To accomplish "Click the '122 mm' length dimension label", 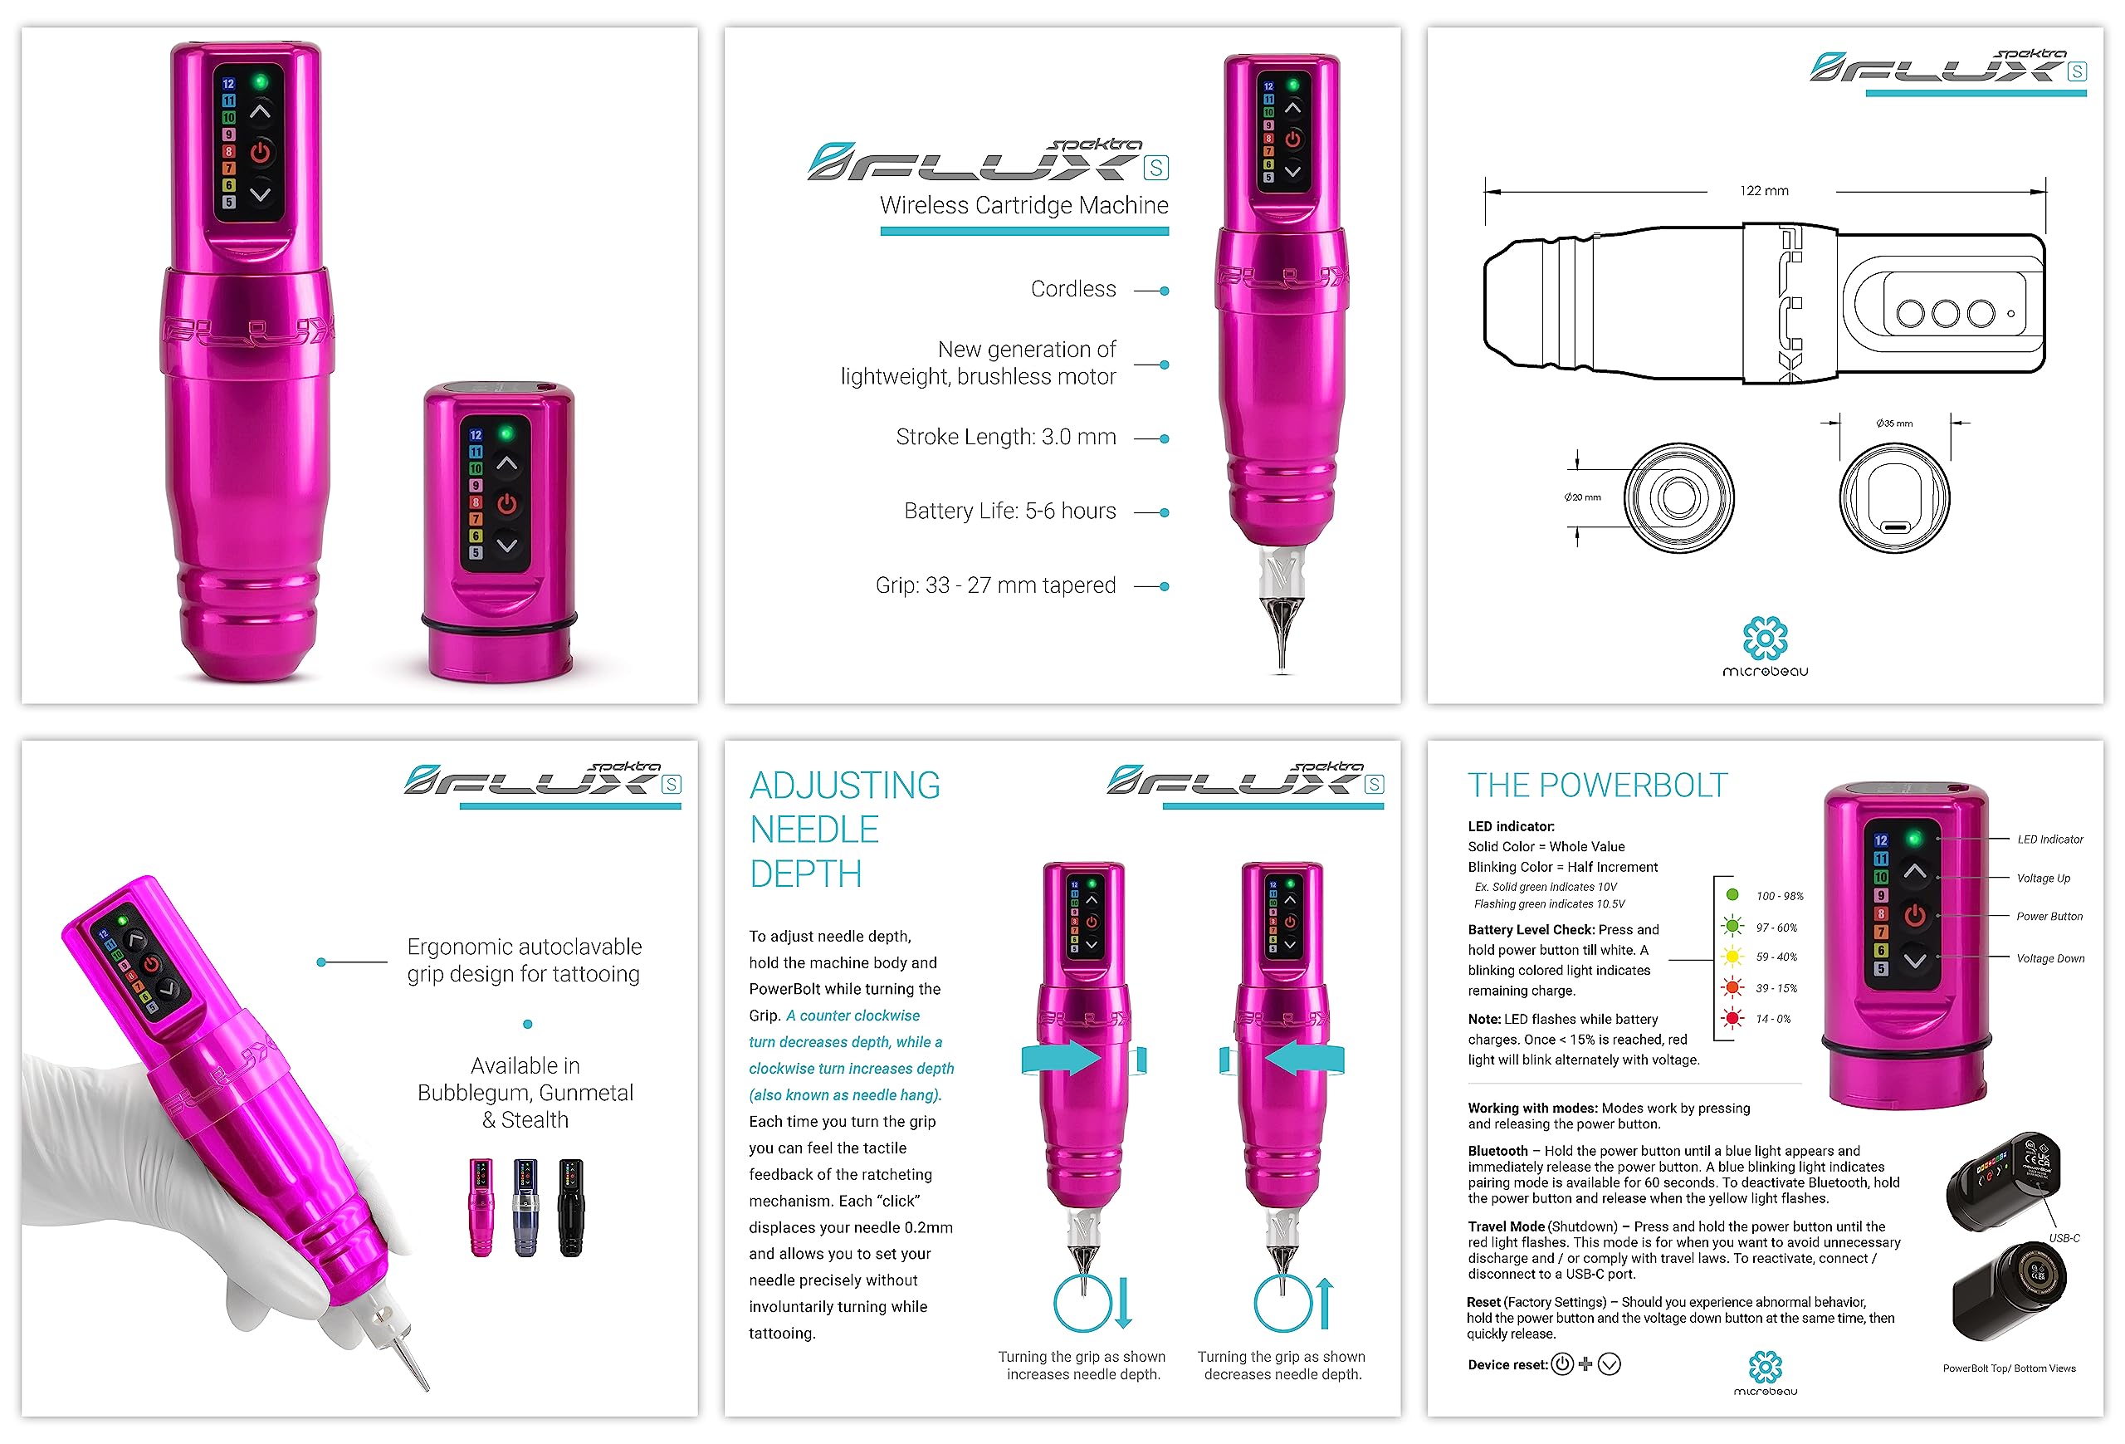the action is pyautogui.click(x=1764, y=190).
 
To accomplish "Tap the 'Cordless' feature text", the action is pyautogui.click(x=1072, y=289).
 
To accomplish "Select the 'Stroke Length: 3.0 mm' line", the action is pyautogui.click(x=1006, y=437).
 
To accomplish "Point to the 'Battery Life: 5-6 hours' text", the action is pyautogui.click(x=1009, y=512).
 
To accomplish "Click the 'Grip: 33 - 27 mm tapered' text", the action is pyautogui.click(x=996, y=585).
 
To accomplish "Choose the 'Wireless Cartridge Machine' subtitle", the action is pyautogui.click(x=1024, y=205).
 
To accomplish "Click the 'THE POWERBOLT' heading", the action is pyautogui.click(x=1597, y=786).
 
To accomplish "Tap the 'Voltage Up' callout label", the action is pyautogui.click(x=2044, y=878).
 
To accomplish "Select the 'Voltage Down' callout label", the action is pyautogui.click(x=2050, y=958).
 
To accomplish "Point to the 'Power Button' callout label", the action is pyautogui.click(x=2049, y=917).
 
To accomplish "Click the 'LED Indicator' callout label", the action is pyautogui.click(x=2050, y=839).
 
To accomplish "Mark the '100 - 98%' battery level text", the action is pyautogui.click(x=1780, y=896).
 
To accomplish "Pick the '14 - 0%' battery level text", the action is pyautogui.click(x=1773, y=1019).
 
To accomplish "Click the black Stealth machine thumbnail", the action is pyautogui.click(x=571, y=1207).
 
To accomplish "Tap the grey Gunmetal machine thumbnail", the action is pyautogui.click(x=525, y=1207).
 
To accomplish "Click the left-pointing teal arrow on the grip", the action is pyautogui.click(x=1305, y=1059).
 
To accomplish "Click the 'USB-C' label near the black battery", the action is pyautogui.click(x=2064, y=1238).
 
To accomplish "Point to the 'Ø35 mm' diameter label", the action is pyautogui.click(x=1893, y=423).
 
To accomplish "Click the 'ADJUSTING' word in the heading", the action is pyautogui.click(x=845, y=786).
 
